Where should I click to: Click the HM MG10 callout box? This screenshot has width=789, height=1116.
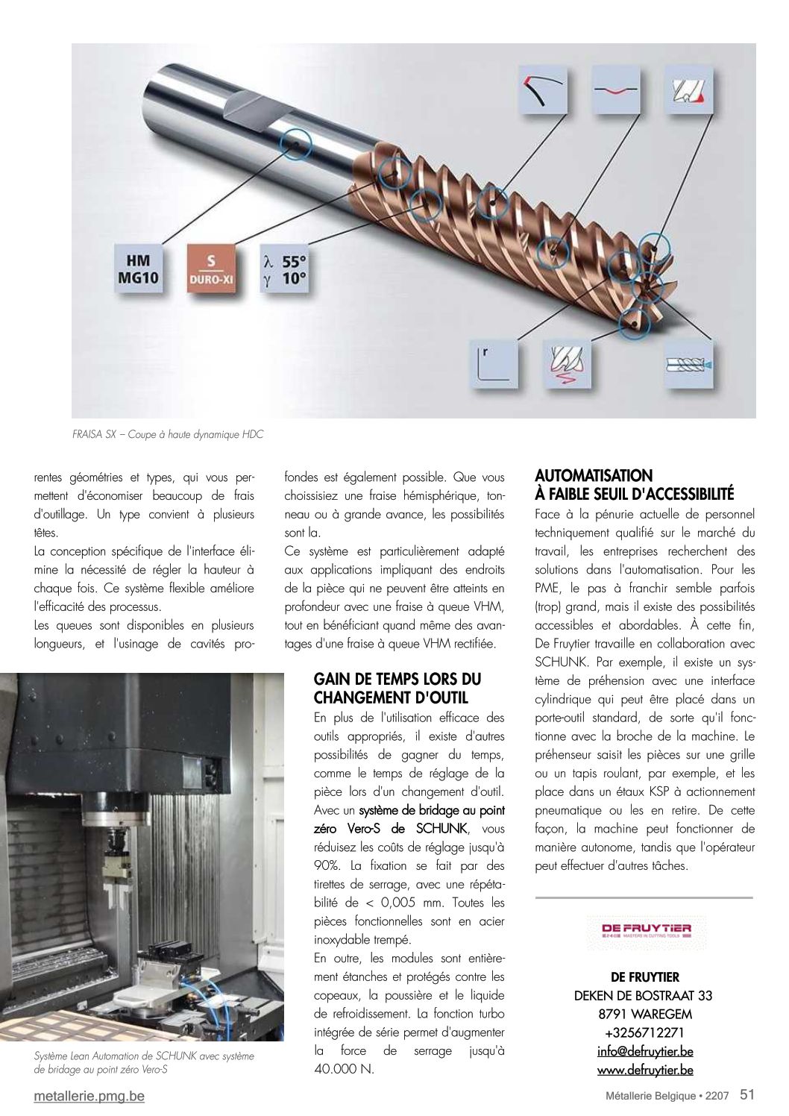(x=138, y=269)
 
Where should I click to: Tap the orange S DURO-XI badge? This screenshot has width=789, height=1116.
(x=211, y=270)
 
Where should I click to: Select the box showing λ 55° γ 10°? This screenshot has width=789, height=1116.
(x=284, y=270)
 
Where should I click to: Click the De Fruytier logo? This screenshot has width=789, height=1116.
(x=646, y=930)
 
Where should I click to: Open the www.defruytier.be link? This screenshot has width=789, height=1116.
(x=645, y=1070)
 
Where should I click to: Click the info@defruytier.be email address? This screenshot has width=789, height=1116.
(x=645, y=1051)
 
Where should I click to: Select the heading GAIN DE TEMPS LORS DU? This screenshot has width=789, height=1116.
(x=397, y=679)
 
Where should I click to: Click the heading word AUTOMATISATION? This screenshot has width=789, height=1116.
(x=594, y=475)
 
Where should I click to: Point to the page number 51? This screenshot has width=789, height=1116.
(x=747, y=1094)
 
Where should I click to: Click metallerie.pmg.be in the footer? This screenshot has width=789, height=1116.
(x=89, y=1096)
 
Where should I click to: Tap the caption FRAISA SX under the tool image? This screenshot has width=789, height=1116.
(x=168, y=434)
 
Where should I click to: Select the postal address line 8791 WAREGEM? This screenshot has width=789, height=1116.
(x=645, y=1014)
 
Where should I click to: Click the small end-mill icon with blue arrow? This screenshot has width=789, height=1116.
(x=688, y=364)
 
